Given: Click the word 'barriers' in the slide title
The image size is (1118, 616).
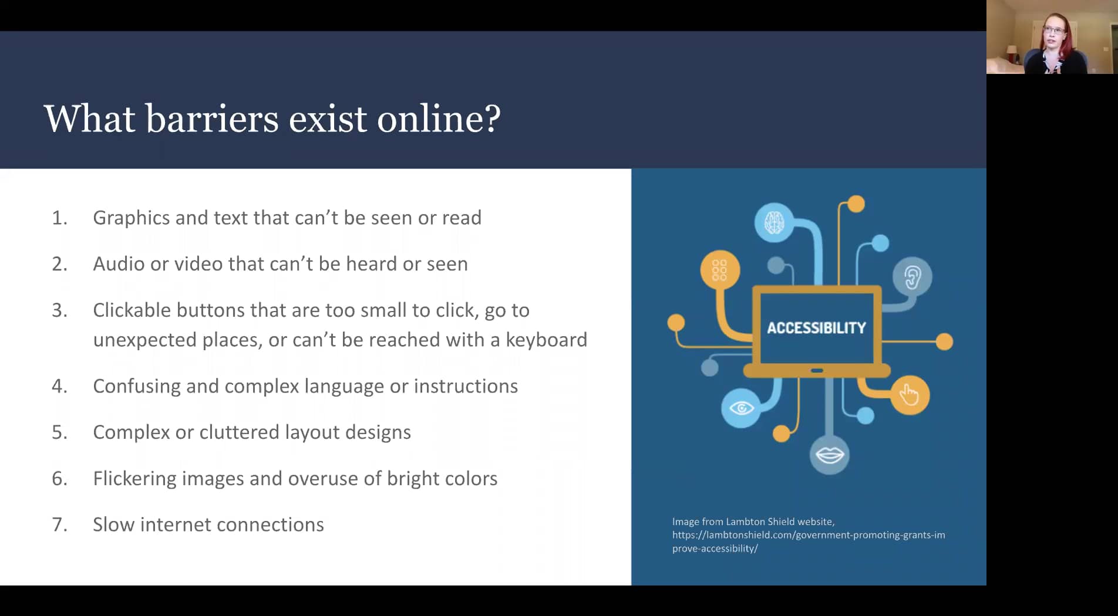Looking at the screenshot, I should click(212, 119).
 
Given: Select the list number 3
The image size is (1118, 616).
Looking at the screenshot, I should click(59, 310).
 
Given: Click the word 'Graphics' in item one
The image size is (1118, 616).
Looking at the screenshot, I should click(131, 218).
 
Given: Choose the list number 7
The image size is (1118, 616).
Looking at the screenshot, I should click(59, 524).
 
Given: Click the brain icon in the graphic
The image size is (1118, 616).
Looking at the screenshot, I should click(774, 222).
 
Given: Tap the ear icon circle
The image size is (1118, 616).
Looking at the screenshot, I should click(912, 277).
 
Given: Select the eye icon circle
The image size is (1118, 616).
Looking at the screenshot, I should click(741, 408).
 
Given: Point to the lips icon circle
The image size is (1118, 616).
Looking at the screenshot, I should click(829, 455).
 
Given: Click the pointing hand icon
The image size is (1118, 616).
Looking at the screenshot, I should click(910, 395).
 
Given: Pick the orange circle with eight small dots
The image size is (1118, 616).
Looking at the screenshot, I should click(719, 270).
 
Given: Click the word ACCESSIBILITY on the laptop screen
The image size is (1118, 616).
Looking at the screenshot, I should click(816, 328).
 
